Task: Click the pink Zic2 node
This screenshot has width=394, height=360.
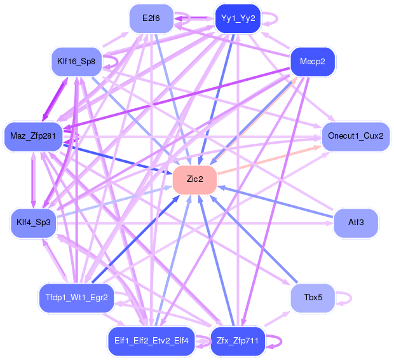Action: point(194,179)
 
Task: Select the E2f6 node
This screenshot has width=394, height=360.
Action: point(151,18)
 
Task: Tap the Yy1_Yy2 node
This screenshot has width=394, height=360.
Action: point(238,18)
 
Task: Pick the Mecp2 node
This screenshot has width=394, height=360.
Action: point(313,62)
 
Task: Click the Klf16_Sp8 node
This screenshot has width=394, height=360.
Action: point(76,62)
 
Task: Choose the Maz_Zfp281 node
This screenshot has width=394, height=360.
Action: point(33,137)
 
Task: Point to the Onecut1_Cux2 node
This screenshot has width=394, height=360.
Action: point(356,137)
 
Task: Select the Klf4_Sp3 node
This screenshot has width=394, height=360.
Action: point(34,223)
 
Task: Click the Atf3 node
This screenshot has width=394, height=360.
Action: point(356,223)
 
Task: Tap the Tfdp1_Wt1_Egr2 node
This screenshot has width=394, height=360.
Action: point(76,298)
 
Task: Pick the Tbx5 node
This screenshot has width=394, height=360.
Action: point(313,298)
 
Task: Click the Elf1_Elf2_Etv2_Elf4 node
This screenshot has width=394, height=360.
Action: point(151,341)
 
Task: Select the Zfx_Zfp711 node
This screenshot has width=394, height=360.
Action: point(238,341)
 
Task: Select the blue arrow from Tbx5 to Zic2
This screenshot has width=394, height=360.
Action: point(254,239)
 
